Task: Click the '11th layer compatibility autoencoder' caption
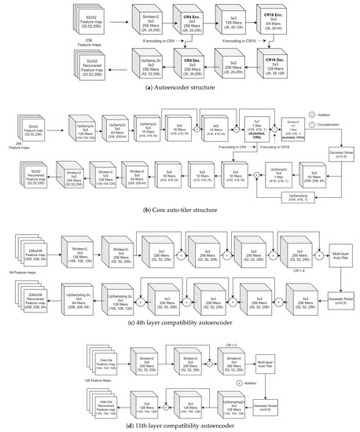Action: [x=179, y=426]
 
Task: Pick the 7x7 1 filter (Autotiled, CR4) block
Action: [x=255, y=129]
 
